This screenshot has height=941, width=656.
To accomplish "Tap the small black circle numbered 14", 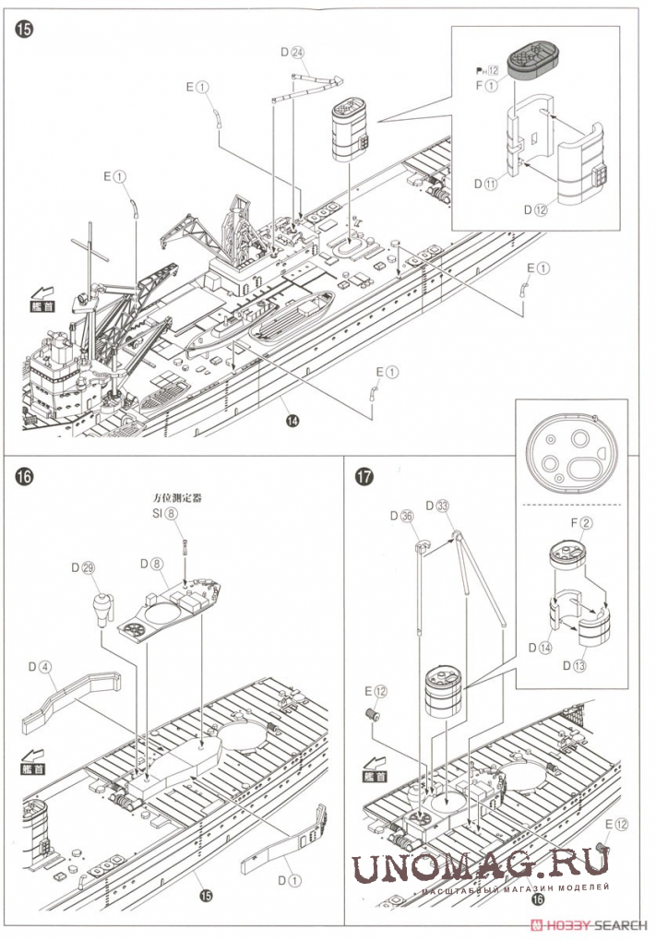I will click(292, 421).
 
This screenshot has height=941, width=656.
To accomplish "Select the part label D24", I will click(292, 53).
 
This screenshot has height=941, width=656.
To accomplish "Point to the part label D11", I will click(486, 184).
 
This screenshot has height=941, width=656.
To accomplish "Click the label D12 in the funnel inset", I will click(536, 209).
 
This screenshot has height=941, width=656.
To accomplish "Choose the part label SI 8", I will click(163, 514).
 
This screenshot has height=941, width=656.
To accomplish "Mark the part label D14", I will click(541, 647).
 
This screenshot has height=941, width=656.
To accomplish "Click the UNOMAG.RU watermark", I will click(479, 866).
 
